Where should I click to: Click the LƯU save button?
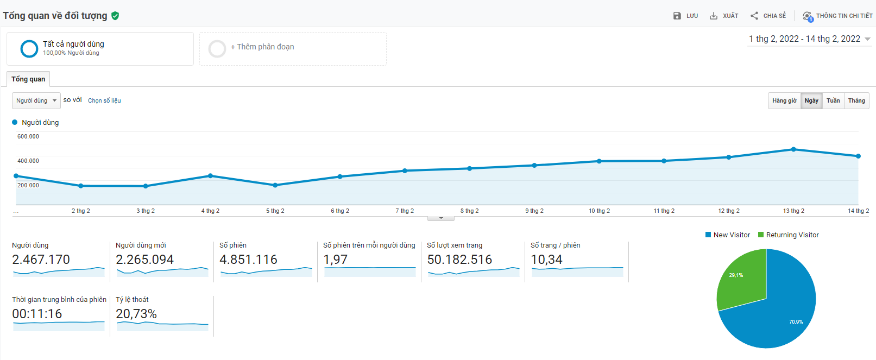[x=685, y=16]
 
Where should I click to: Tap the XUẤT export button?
[x=724, y=16]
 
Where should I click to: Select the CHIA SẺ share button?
[x=768, y=16]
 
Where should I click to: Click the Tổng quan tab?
[x=28, y=79]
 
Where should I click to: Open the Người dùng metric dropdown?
[x=36, y=100]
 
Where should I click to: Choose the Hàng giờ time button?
[x=784, y=100]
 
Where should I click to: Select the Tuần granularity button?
[x=833, y=100]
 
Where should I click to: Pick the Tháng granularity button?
[x=856, y=100]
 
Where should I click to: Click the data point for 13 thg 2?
[x=793, y=149]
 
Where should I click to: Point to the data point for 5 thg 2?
[x=275, y=185]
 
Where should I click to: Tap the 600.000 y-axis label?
[x=28, y=136]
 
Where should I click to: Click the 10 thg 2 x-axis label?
[x=599, y=211]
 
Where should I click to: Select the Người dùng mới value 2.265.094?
[x=144, y=260]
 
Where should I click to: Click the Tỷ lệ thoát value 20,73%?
[x=136, y=314]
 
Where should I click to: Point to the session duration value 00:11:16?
[x=37, y=314]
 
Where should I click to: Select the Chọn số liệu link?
[x=104, y=100]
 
